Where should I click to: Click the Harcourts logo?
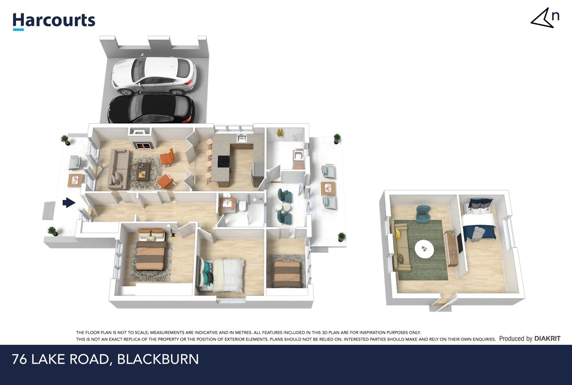coord(54,21)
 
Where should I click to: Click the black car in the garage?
coord(152,109)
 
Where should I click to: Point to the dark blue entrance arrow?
coord(69,203)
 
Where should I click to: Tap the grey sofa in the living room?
coord(119,169)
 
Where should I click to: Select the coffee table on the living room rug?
coord(143,170)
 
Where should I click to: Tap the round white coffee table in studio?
coord(424,248)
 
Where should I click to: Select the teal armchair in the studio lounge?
coord(423,214)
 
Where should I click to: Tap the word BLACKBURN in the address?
coord(158,359)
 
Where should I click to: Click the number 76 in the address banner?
coord(19,359)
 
